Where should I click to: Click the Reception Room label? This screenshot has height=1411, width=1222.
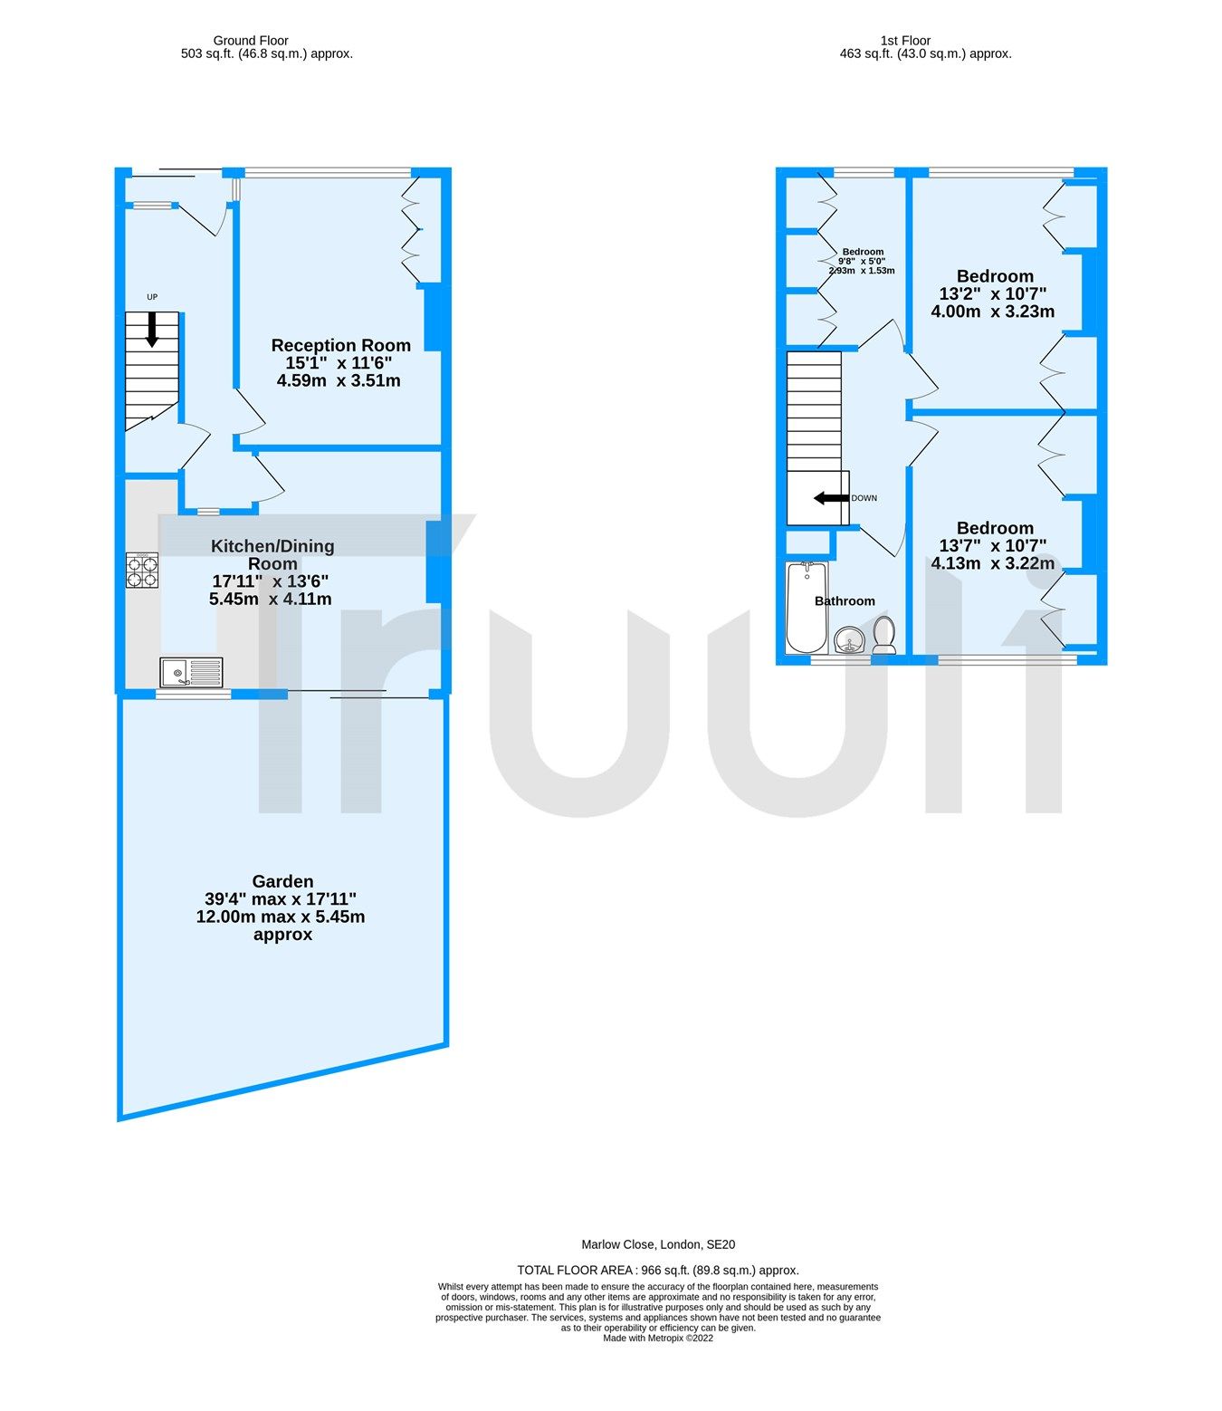pyautogui.click(x=341, y=345)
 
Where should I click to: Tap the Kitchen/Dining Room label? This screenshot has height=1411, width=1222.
pyautogui.click(x=272, y=554)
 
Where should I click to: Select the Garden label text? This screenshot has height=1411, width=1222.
pyautogui.click(x=282, y=881)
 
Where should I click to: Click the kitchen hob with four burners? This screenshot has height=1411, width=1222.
pyautogui.click(x=142, y=571)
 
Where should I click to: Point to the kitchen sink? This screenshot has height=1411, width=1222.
pyautogui.click(x=191, y=672)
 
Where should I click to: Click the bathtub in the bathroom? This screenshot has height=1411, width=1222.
pyautogui.click(x=807, y=607)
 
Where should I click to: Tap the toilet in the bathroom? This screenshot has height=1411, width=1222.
pyautogui.click(x=884, y=635)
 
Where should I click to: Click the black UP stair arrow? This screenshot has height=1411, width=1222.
pyautogui.click(x=151, y=329)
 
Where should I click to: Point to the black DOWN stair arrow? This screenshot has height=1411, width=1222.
pyautogui.click(x=831, y=498)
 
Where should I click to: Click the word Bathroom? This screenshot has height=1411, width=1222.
pyautogui.click(x=845, y=601)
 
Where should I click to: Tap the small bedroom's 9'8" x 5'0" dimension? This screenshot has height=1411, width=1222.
pyautogui.click(x=862, y=261)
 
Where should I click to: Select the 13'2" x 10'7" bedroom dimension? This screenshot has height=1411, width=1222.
pyautogui.click(x=993, y=293)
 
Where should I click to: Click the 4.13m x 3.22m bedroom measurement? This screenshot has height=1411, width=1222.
pyautogui.click(x=993, y=563)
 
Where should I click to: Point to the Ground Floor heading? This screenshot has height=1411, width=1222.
pyautogui.click(x=251, y=41)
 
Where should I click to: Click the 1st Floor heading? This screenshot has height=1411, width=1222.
pyautogui.click(x=905, y=41)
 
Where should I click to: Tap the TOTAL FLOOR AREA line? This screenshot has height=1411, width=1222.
pyautogui.click(x=658, y=1271)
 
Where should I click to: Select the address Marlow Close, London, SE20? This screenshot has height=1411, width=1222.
pyautogui.click(x=658, y=1244)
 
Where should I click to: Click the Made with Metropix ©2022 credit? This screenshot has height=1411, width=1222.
pyautogui.click(x=658, y=1339)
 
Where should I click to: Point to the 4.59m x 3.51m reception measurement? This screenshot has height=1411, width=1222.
pyautogui.click(x=339, y=380)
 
